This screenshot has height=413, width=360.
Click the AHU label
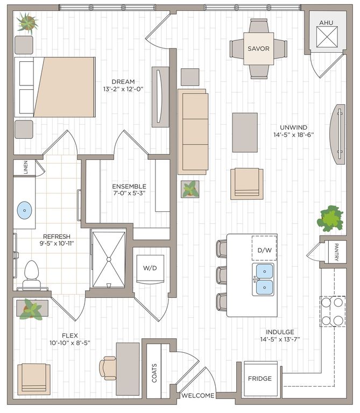pyautogui.click(x=326, y=23)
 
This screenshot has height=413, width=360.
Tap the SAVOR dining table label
pyautogui.click(x=258, y=48)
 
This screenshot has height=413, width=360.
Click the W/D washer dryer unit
pyautogui.click(x=150, y=267)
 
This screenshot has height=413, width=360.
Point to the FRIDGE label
pyautogui.click(x=260, y=379)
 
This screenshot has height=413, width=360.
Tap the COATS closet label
pyautogui.click(x=154, y=373)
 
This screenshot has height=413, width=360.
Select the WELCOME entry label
pyautogui.click(x=197, y=396)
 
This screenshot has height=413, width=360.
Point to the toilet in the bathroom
pyautogui.click(x=32, y=273)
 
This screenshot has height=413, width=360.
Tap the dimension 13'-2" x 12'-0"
pyautogui.click(x=123, y=89)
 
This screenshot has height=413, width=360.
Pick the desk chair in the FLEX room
pyautogui.click(x=107, y=368)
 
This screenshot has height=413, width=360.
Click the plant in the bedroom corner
pyautogui.click(x=26, y=23)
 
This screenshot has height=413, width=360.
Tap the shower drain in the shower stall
pyautogui.click(x=108, y=259)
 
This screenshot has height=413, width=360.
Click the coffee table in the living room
pyautogui.click(x=245, y=132)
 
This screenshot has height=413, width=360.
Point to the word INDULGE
pyautogui.click(x=279, y=332)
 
